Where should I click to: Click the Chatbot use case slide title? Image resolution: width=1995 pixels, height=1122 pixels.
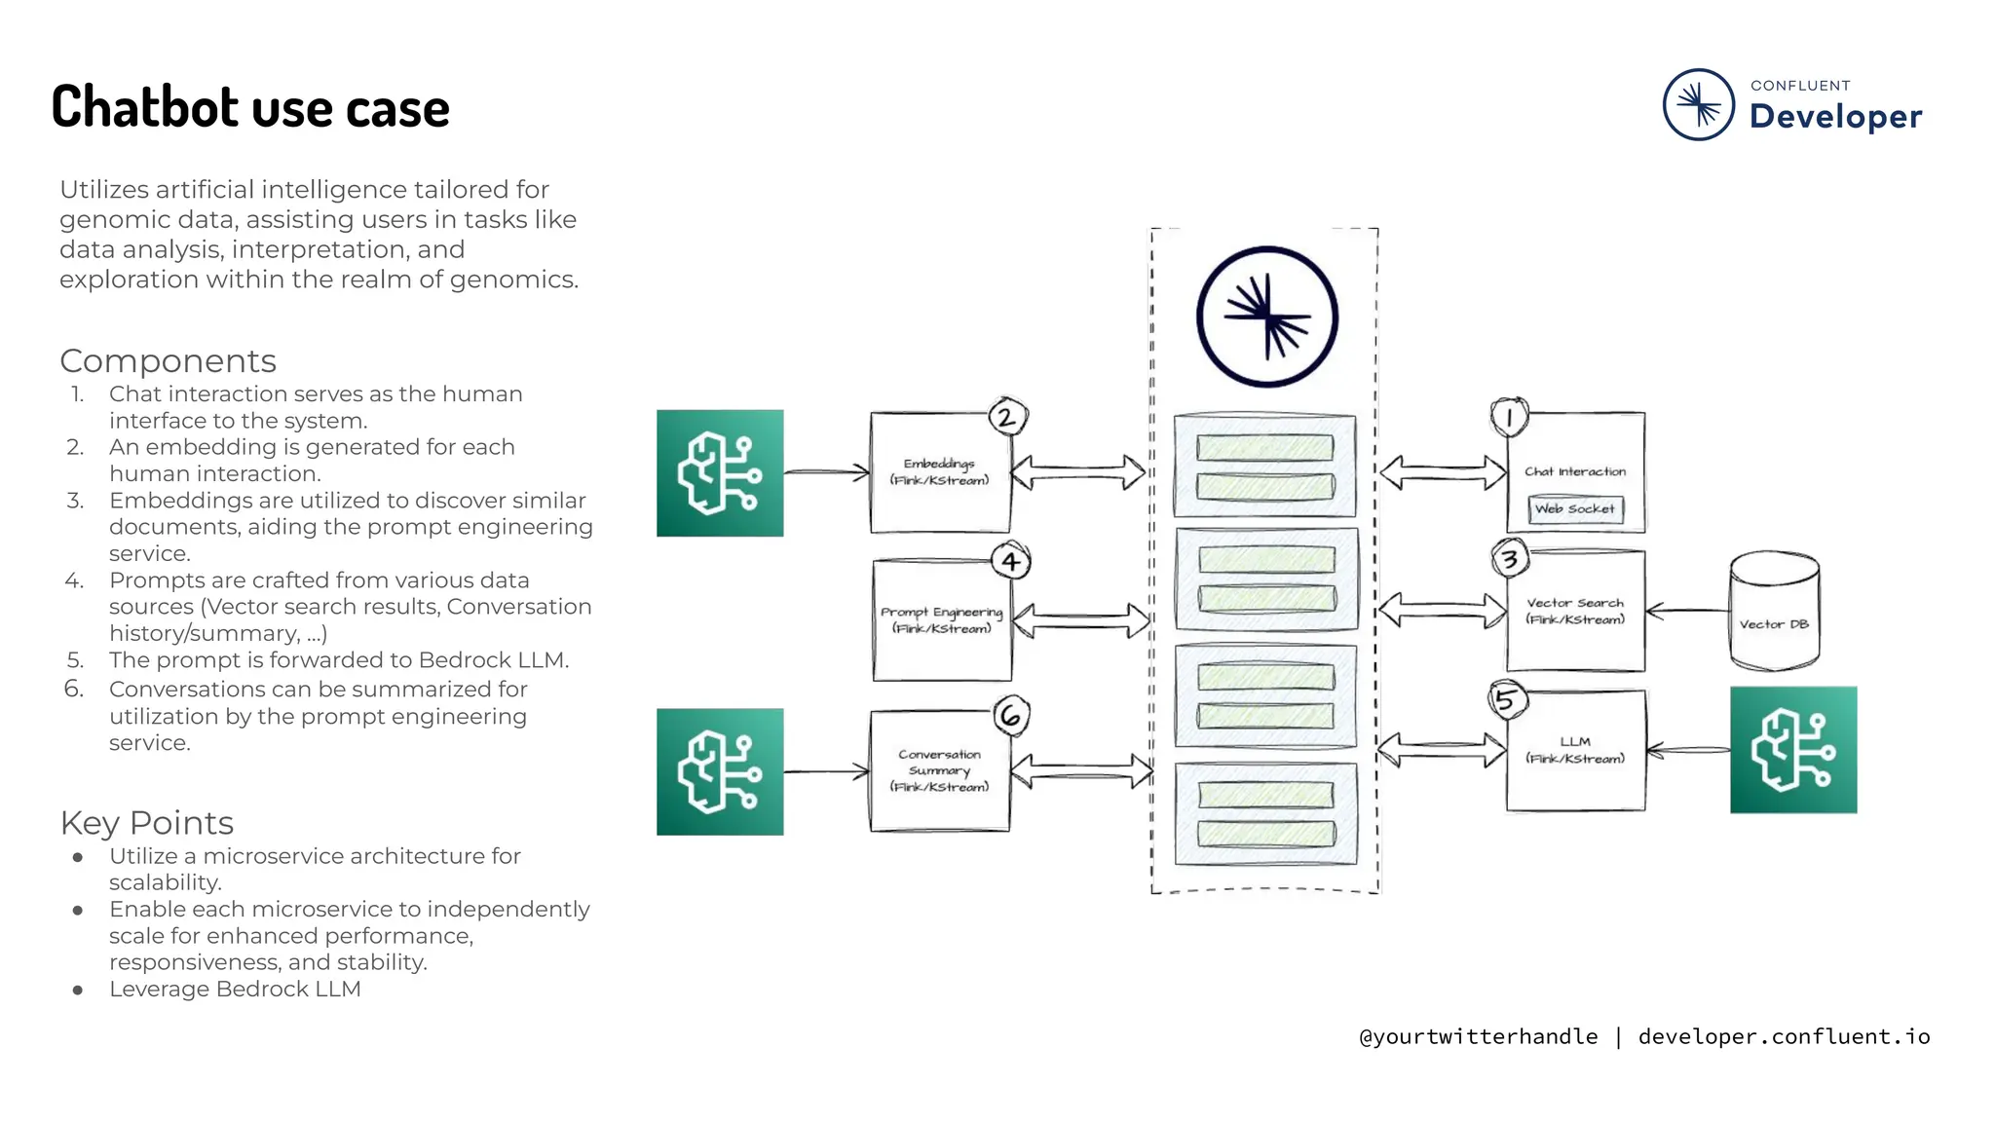point(250,107)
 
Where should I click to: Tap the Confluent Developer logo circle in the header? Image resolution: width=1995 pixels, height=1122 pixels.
point(1698,104)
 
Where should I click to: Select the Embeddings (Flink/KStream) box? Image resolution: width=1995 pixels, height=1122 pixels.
point(939,472)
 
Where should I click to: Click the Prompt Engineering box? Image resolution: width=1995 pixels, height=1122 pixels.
point(941,620)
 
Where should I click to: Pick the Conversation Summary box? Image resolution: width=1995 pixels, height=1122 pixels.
point(939,770)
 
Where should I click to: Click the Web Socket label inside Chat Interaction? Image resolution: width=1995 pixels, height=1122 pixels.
point(1575,509)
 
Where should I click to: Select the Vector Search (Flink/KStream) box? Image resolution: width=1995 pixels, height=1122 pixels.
point(1575,611)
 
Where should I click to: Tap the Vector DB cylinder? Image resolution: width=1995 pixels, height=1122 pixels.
point(1774,612)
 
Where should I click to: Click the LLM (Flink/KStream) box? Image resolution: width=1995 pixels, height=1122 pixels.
point(1575,750)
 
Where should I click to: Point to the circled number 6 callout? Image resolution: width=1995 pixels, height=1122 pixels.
point(1011,716)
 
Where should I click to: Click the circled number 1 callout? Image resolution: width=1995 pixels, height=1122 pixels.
point(1509,418)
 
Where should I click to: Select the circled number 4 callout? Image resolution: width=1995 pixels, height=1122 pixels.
point(1011,561)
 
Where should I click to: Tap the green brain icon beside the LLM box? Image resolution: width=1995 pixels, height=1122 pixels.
point(1793,750)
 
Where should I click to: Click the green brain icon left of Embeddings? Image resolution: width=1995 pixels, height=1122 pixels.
point(720,473)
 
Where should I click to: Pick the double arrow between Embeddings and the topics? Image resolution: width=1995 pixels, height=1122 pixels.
point(1078,472)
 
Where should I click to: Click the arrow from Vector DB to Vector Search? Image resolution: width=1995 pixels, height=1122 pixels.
point(1687,612)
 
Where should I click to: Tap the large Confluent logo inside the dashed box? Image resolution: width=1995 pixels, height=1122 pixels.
point(1266,317)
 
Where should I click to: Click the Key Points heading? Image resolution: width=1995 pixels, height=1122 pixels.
point(147,823)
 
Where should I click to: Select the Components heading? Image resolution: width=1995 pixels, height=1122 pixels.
point(168,361)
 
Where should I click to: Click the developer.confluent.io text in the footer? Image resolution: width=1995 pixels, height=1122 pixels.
point(1784,1037)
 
